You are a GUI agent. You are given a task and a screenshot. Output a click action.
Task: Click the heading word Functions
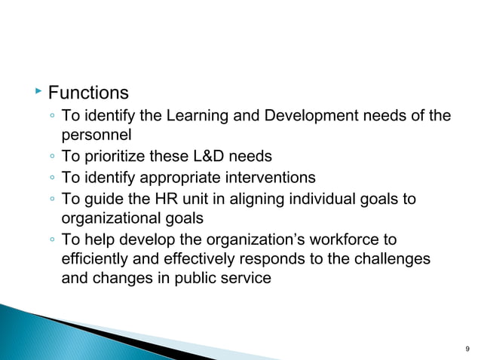coord(88,93)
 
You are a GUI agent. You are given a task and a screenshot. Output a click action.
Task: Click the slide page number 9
coord(468,349)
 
